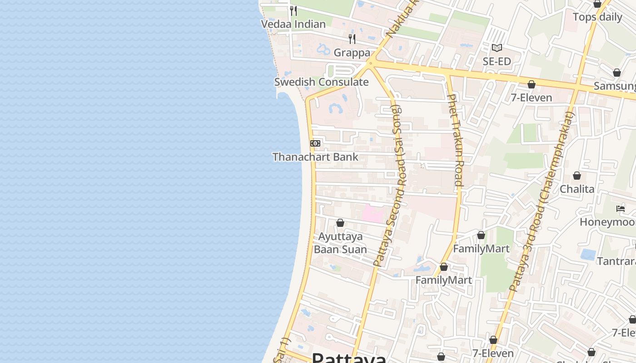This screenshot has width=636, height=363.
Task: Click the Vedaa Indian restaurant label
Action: pos(293,24)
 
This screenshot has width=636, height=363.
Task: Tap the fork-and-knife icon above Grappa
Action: pos(352,39)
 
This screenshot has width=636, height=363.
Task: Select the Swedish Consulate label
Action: pos(321,82)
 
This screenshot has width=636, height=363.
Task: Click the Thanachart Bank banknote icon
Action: pos(315,143)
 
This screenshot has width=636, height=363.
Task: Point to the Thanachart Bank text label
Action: pos(315,157)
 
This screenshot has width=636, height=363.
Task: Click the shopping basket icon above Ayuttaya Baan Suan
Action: pos(340,222)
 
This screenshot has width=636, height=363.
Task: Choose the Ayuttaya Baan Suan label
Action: pos(340,243)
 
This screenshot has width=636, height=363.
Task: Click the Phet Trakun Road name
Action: pos(456,141)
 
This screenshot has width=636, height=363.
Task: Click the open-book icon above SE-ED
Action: pos(497,48)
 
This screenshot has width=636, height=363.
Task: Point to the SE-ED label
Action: pos(497,61)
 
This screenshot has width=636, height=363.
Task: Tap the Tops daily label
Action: pos(597,17)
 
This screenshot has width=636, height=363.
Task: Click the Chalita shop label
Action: pos(577,189)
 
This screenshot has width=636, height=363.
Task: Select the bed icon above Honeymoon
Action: pos(621,209)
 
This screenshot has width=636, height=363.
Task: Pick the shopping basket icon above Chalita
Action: pos(577,175)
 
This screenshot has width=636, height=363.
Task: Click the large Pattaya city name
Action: pos(349,358)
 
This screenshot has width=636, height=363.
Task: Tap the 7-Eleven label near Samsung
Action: pos(531,98)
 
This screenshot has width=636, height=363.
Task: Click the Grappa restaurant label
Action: pos(352,53)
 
